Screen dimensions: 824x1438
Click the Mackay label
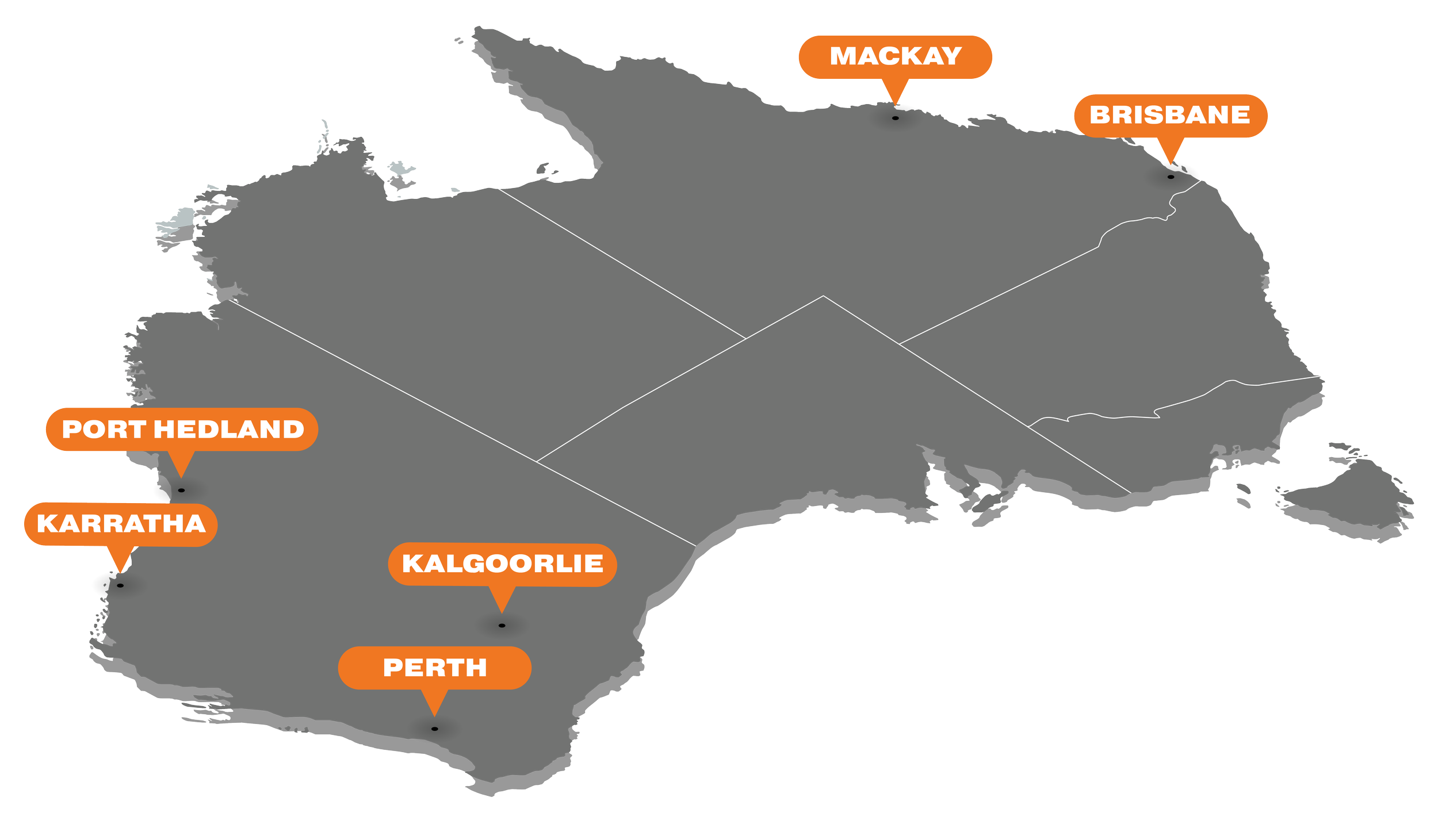point(895,56)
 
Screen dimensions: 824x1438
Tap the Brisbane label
point(1170,115)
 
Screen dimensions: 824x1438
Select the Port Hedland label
point(182,429)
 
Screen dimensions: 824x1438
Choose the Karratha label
point(121,524)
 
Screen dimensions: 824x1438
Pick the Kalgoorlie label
point(502,564)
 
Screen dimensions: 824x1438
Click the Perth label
point(434,668)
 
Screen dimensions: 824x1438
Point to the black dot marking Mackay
point(895,118)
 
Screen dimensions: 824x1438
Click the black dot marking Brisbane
point(1171,177)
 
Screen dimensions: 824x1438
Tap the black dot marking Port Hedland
point(181,490)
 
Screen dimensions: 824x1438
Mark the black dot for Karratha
point(120,586)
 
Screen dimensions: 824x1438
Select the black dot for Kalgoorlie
point(502,626)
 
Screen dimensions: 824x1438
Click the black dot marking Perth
point(434,729)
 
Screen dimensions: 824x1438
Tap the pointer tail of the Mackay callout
point(895,91)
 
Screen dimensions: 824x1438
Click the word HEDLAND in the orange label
point(229,429)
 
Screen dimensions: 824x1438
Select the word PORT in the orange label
point(104,429)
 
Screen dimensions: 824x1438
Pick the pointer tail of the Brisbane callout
point(1171,150)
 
